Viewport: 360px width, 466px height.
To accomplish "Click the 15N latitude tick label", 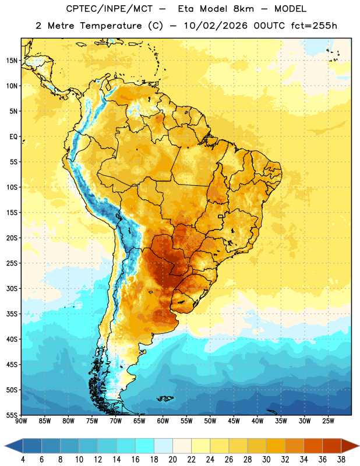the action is (12, 61).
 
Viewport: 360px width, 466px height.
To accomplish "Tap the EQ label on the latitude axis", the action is (13, 137).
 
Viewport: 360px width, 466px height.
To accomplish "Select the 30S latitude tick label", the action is (12, 288).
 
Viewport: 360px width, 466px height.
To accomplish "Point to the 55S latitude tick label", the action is (12, 415).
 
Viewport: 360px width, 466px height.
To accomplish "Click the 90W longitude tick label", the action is (21, 421).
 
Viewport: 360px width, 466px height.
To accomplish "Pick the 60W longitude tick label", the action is (163, 421).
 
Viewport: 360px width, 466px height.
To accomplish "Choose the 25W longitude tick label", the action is (328, 421).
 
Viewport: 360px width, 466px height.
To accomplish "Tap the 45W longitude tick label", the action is (234, 421).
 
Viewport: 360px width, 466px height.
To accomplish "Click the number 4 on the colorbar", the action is (23, 460).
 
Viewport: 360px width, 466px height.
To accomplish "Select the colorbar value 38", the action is (341, 460).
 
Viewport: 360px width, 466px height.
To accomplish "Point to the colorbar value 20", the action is (172, 460).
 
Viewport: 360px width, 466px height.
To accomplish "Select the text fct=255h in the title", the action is (314, 26).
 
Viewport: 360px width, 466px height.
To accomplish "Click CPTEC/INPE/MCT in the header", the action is (110, 9).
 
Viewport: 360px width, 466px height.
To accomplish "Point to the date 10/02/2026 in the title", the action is (216, 26).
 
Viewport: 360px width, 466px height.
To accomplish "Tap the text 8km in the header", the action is (243, 9).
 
